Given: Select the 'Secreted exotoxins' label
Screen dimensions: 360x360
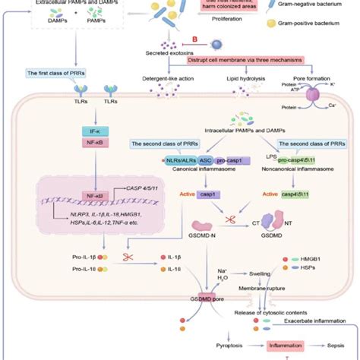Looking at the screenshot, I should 168,52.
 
